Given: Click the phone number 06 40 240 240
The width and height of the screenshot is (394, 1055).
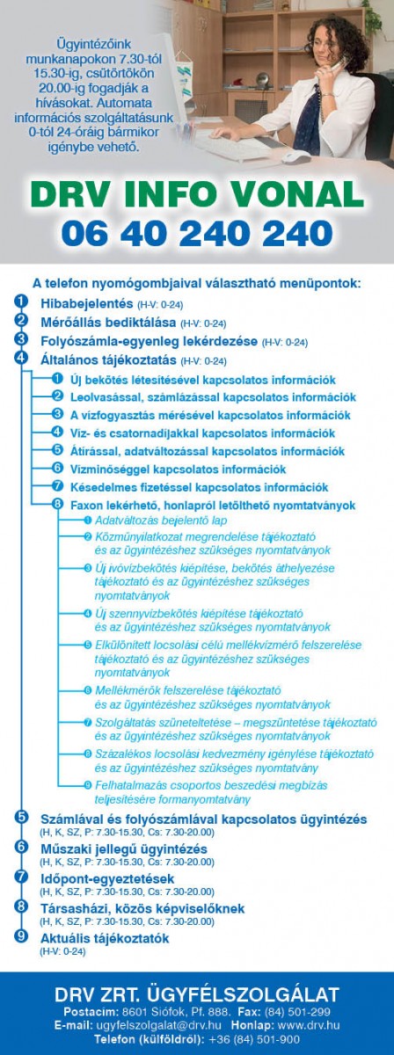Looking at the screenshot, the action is click(x=197, y=232).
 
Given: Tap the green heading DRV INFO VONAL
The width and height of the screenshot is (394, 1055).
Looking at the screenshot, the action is click(x=197, y=194).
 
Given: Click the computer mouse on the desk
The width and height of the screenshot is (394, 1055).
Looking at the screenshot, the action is click(x=294, y=156).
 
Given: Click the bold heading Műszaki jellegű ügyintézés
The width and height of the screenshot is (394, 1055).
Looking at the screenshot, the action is click(x=124, y=848).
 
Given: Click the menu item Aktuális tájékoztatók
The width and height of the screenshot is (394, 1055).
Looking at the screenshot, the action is click(x=105, y=938).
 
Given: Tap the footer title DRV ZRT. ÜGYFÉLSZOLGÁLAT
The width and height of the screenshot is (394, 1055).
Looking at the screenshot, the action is click(x=197, y=994).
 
